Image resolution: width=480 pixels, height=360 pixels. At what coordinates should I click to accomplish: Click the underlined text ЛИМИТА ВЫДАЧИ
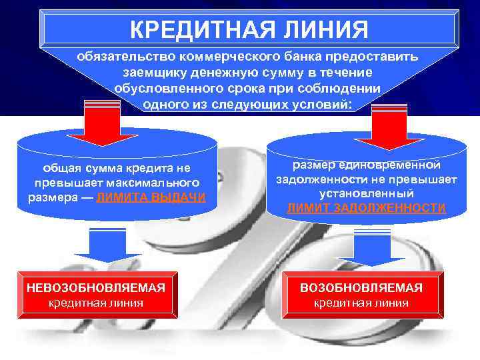pyautogui.click(x=151, y=198)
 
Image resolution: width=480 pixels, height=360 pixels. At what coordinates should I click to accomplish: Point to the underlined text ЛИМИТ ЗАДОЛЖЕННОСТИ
pyautogui.click(x=366, y=208)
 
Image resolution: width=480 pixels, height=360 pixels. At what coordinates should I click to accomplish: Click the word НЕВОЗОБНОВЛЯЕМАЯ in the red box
pyautogui.click(x=96, y=287)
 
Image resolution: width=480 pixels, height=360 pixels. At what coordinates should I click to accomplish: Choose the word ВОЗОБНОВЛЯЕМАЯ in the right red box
pyautogui.click(x=361, y=288)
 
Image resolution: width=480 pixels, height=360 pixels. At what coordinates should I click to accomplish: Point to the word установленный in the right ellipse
pyautogui.click(x=366, y=193)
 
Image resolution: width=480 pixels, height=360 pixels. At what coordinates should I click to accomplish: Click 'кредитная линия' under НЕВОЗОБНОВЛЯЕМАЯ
pyautogui.click(x=96, y=303)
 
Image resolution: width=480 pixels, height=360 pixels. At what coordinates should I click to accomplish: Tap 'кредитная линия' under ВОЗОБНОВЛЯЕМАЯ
pyautogui.click(x=361, y=304)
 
